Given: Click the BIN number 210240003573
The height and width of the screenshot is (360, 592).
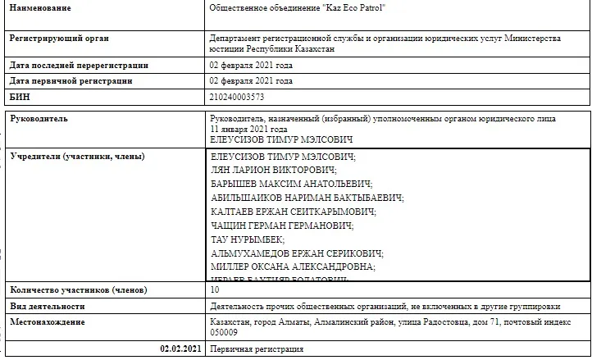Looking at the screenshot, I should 237,97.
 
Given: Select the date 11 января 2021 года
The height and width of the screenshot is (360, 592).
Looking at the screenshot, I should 248,130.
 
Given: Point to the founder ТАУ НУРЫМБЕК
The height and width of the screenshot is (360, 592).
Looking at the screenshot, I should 247,239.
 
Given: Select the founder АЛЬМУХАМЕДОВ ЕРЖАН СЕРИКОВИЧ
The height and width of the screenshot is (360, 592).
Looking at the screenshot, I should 297,253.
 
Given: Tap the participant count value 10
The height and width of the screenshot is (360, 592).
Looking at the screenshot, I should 216,289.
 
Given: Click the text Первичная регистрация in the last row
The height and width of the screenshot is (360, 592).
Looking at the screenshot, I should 257,349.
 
